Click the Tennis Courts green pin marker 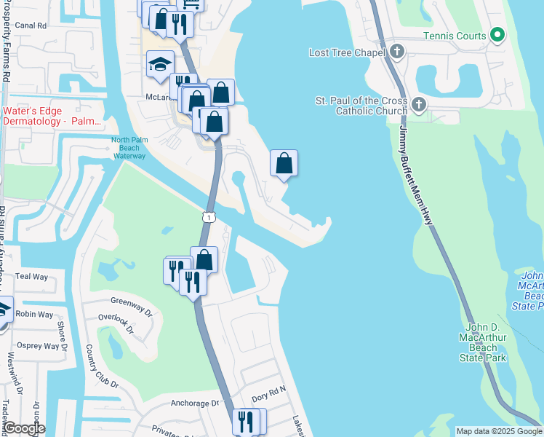(497, 34)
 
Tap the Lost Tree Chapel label (350, 52)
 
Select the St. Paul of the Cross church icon (418, 105)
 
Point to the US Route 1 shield (209, 216)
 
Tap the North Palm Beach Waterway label (129, 148)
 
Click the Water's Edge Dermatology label (52, 116)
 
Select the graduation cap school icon (160, 66)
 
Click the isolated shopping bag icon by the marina (284, 163)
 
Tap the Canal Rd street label (31, 25)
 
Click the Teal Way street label (31, 277)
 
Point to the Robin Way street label (35, 315)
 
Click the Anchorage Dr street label (194, 403)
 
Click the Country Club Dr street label (101, 372)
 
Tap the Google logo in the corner (23, 428)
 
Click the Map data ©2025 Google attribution (498, 431)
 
